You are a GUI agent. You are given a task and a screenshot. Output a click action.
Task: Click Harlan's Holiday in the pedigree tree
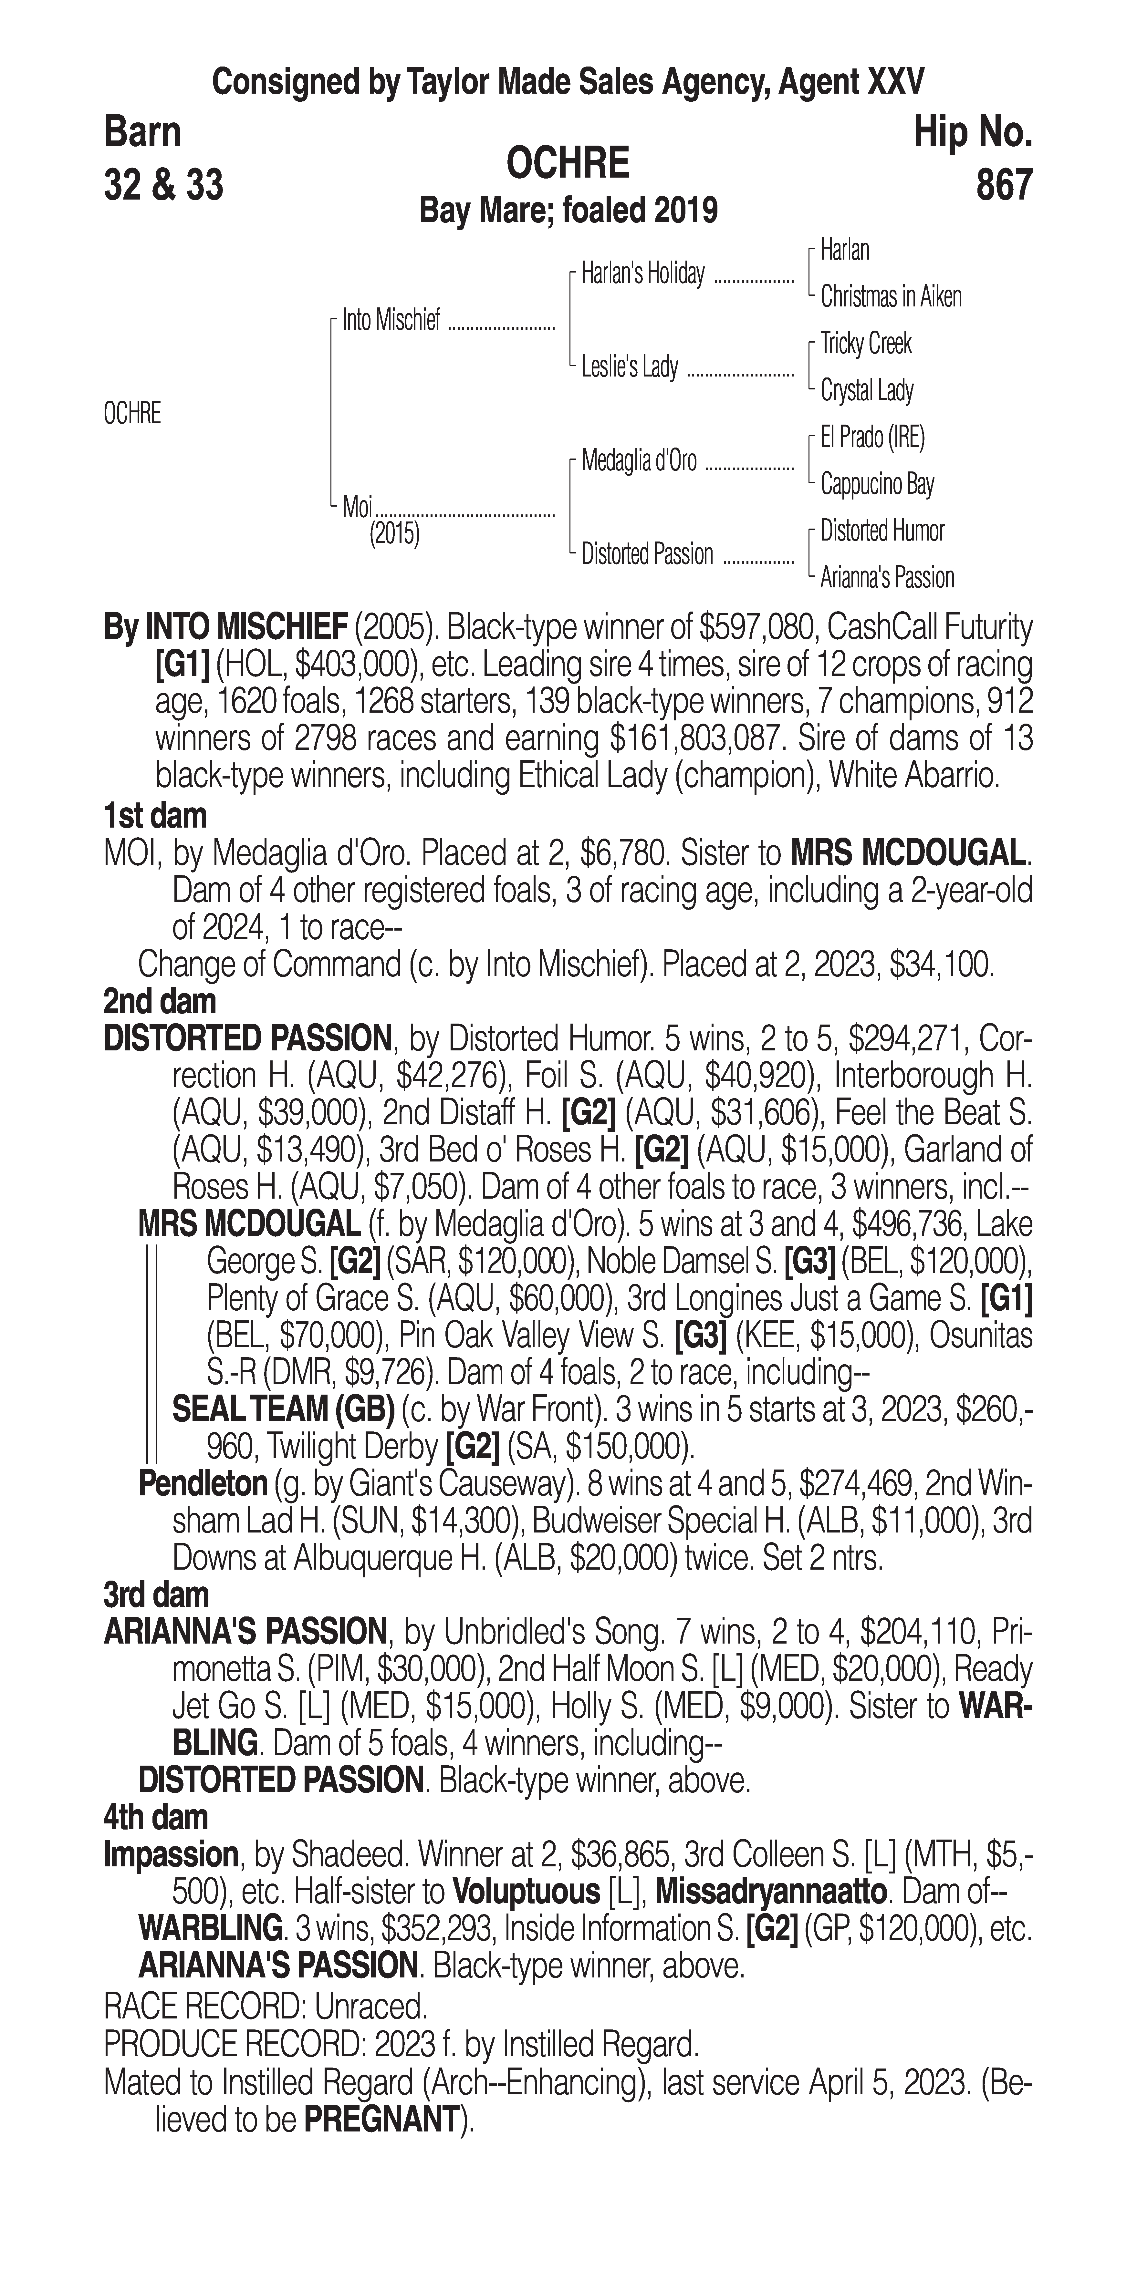[642, 275]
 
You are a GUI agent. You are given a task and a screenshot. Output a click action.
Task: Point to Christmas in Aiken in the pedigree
[890, 297]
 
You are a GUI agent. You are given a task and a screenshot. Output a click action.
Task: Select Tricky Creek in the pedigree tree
[866, 344]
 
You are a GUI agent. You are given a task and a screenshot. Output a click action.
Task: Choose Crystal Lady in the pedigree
[866, 390]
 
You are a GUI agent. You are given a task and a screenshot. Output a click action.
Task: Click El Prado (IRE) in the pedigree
[872, 437]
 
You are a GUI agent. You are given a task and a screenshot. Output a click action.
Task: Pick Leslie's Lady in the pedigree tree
[629, 367]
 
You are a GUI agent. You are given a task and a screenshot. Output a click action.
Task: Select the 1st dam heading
[155, 816]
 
